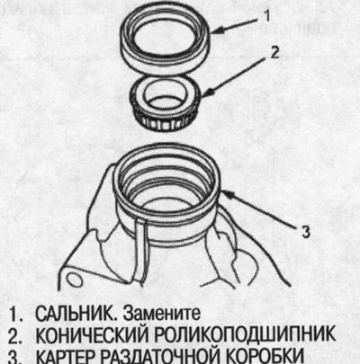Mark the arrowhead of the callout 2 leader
[x=209, y=92]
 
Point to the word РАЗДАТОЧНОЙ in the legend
[x=170, y=355]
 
